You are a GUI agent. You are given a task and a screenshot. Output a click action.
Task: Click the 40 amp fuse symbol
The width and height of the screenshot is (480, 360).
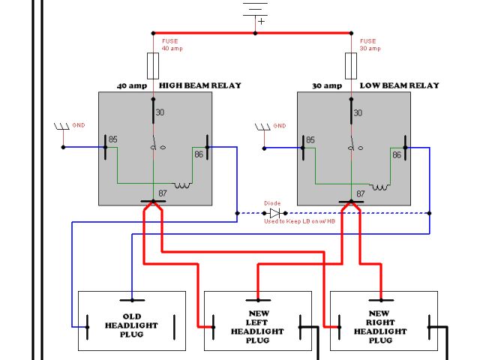point(153,65)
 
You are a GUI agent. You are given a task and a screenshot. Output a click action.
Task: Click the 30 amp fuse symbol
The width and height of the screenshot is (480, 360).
point(350,65)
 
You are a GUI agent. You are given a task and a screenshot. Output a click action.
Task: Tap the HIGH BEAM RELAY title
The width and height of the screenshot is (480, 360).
point(199,85)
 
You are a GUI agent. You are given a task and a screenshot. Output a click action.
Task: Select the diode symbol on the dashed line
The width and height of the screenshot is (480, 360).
point(274,213)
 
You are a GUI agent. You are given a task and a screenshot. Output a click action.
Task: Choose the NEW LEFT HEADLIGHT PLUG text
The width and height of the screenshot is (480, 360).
point(257,326)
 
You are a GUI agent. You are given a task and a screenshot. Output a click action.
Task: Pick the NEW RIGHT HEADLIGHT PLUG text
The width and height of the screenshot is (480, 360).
point(382,326)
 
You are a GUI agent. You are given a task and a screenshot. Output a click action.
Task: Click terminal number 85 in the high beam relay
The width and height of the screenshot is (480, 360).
point(112,139)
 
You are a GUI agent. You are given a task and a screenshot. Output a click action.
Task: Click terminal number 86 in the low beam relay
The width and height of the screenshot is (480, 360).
point(397,154)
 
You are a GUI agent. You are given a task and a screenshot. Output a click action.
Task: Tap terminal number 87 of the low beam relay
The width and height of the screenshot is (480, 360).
point(360,193)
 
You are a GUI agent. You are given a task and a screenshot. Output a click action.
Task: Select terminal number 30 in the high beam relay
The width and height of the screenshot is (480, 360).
point(159,112)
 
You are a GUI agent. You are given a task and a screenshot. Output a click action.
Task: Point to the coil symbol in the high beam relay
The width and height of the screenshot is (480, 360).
point(183,185)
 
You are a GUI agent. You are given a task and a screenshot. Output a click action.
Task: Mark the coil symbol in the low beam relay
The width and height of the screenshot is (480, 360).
point(382,185)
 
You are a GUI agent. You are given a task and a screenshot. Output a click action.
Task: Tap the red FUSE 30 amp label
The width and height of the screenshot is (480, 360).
point(367,45)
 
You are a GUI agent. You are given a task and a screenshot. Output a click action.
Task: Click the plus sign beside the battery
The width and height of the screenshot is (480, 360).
point(261,22)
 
